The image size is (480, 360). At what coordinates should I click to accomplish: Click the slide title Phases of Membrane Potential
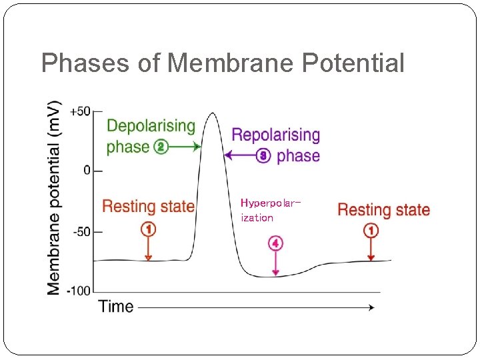(223, 63)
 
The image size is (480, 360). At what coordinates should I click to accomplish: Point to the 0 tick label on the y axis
(87, 171)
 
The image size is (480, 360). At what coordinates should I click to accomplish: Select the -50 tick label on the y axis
(82, 232)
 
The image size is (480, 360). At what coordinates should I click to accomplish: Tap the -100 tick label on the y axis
(79, 291)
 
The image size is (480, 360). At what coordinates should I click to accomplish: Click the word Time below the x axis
(116, 307)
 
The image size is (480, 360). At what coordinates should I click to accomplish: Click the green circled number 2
(160, 147)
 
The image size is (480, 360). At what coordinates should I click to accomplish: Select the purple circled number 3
(264, 156)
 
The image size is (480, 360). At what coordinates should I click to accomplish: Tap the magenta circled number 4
(275, 243)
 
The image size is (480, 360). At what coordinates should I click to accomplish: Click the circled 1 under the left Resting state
(148, 229)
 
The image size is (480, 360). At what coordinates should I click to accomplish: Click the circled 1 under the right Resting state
(371, 231)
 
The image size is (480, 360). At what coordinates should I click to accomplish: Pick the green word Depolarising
(151, 126)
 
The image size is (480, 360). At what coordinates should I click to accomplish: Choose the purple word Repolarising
(275, 135)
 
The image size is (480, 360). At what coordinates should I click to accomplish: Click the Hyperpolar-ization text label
(269, 209)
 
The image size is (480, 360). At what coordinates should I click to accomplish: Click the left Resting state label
(148, 207)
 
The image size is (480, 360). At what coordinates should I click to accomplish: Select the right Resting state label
(383, 210)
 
